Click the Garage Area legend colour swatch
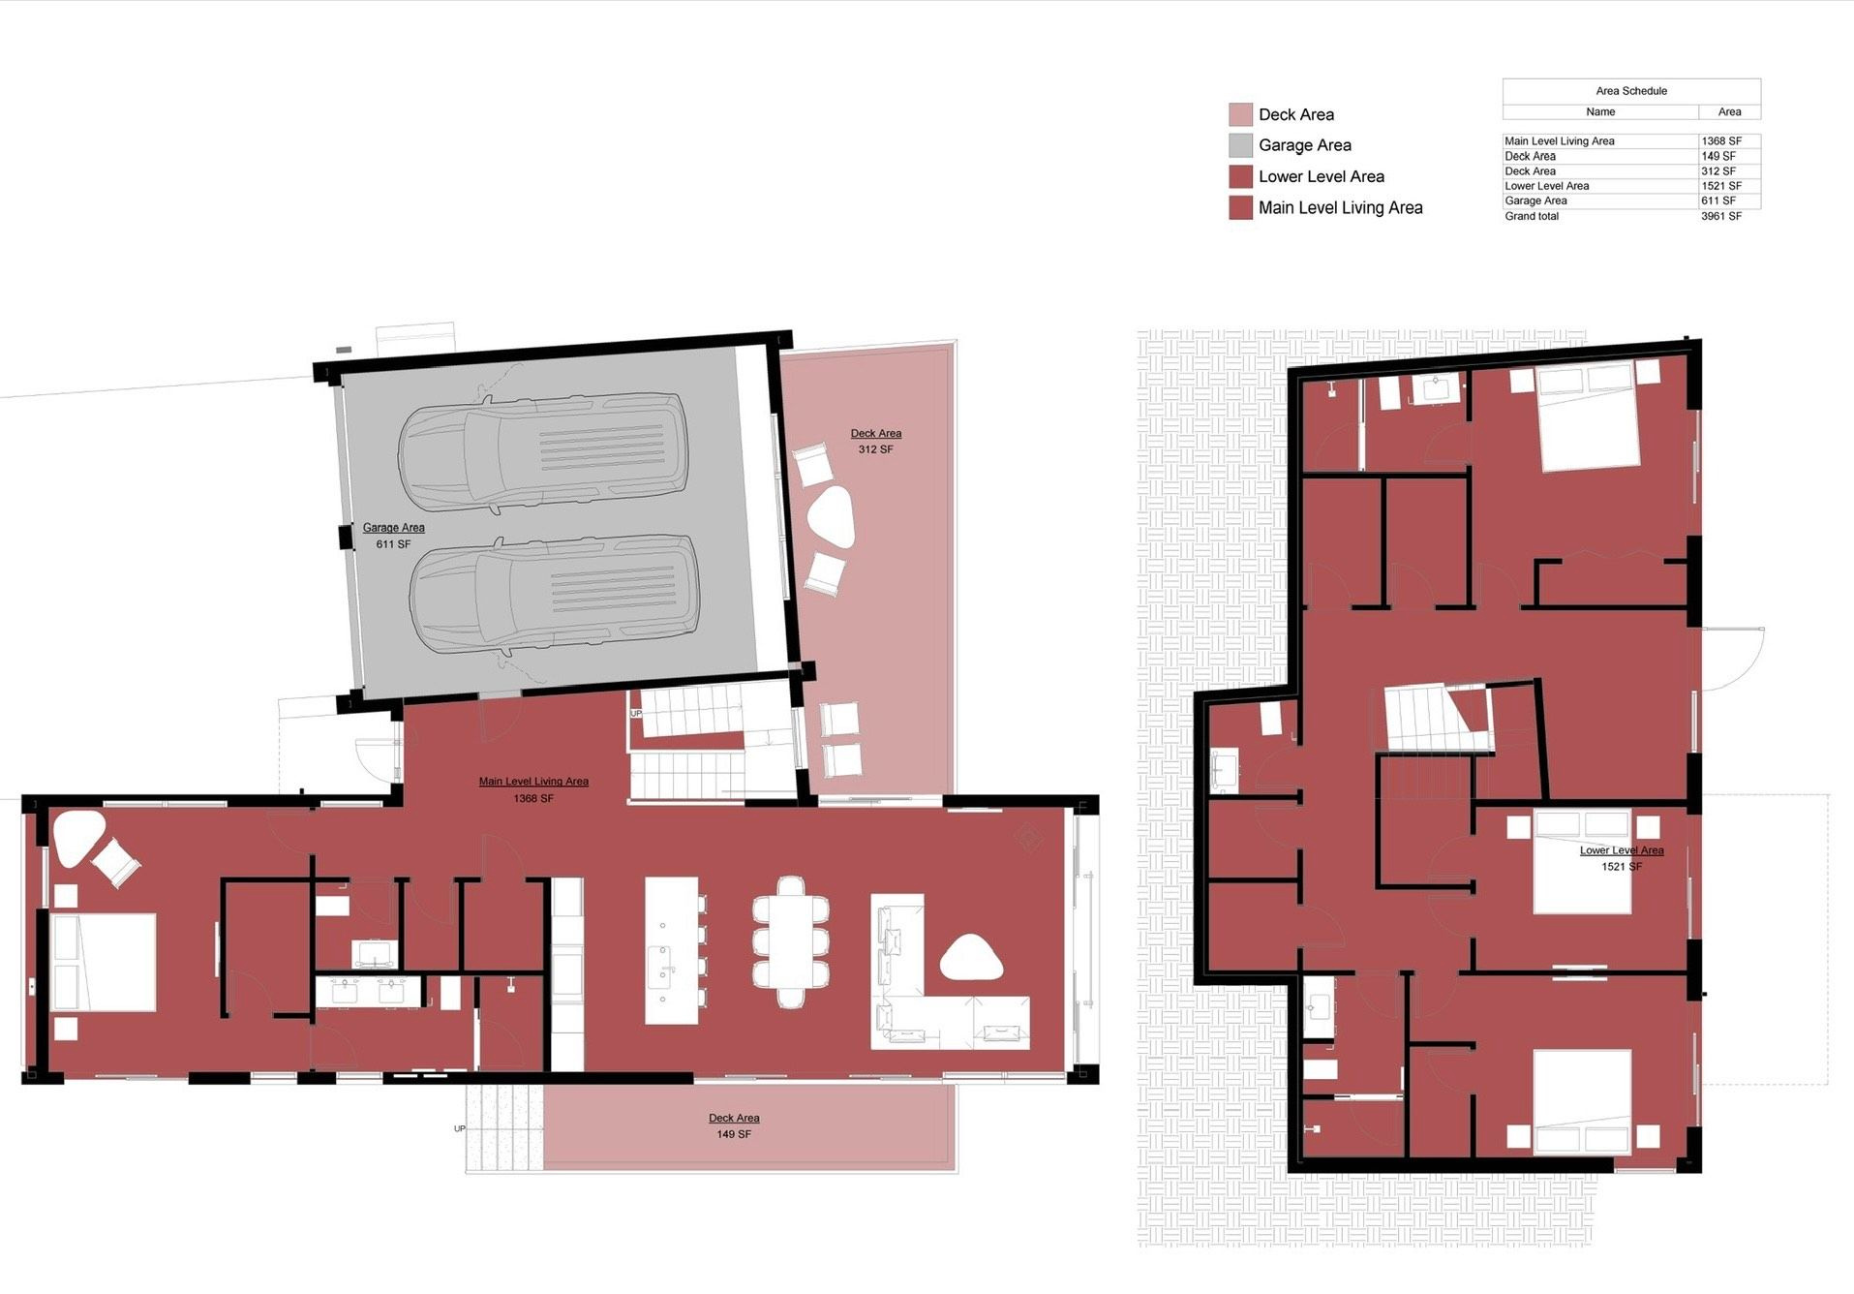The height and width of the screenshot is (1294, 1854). pyautogui.click(x=1240, y=145)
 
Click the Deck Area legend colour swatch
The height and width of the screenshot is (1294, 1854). pyautogui.click(x=1240, y=114)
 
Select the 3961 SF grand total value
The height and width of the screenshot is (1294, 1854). pyautogui.click(x=1720, y=216)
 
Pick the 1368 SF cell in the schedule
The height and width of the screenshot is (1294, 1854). pyautogui.click(x=1720, y=141)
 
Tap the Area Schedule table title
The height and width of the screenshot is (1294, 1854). pyautogui.click(x=1630, y=91)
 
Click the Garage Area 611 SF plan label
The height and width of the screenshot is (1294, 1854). pyautogui.click(x=393, y=536)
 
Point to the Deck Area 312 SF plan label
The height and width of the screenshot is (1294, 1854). pyautogui.click(x=875, y=442)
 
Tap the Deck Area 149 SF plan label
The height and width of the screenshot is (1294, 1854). pyautogui.click(x=733, y=1125)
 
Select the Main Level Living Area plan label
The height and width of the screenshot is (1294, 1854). pyautogui.click(x=533, y=789)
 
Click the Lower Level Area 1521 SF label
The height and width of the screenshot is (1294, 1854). pyautogui.click(x=1621, y=858)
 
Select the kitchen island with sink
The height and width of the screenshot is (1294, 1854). pyautogui.click(x=672, y=950)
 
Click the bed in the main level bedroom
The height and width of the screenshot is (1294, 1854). pyautogui.click(x=104, y=962)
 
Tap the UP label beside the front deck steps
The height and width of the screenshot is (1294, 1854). pyautogui.click(x=459, y=1129)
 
